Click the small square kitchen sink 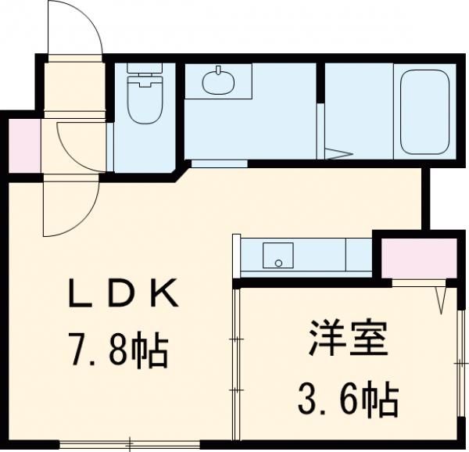277,255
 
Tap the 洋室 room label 346,342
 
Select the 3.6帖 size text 346,400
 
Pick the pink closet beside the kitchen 417,254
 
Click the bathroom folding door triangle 339,152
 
